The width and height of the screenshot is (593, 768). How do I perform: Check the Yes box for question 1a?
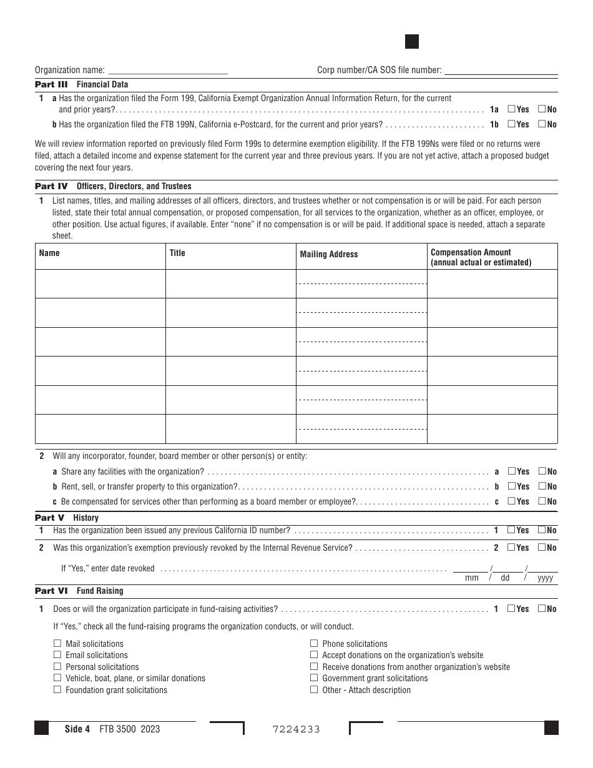[511, 109]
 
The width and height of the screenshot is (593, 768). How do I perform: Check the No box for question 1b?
[541, 124]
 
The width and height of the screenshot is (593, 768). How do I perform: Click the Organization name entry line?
[168, 71]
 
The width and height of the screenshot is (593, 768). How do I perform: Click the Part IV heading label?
[51, 186]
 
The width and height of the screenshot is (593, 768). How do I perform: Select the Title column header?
[177, 253]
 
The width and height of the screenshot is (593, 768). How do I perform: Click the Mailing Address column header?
[329, 254]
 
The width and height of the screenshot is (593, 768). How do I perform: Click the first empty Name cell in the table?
[100, 283]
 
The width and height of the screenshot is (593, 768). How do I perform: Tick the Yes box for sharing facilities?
[511, 471]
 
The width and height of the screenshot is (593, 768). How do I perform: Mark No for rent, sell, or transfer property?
[541, 486]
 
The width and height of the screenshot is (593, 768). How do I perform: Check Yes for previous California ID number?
[511, 530]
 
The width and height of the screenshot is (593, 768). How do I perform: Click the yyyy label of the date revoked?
[545, 578]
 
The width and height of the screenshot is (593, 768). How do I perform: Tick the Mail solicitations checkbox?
[57, 644]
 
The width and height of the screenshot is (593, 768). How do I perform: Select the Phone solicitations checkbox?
[314, 644]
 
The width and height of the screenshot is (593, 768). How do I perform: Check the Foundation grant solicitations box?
[57, 690]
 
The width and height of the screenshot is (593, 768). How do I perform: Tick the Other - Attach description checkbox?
[314, 690]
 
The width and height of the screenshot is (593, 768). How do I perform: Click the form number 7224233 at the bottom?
[296, 729]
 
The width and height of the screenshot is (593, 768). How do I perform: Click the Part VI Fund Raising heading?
[79, 591]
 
